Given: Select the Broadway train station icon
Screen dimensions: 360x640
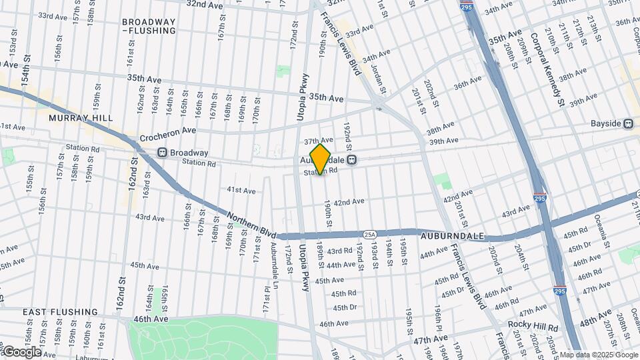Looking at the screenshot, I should [x=162, y=153].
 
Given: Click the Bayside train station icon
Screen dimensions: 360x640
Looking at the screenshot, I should [x=627, y=124].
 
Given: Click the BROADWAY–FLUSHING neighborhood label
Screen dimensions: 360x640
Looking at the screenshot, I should [x=149, y=26].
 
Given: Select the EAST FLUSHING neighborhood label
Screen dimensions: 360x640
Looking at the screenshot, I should [x=60, y=312].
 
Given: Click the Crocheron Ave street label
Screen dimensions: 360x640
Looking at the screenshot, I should [x=168, y=135].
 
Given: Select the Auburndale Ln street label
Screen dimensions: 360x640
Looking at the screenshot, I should [x=274, y=261].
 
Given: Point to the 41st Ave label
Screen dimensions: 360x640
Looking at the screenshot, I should [x=241, y=191].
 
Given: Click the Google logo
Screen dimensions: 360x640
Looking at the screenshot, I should [x=21, y=351].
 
